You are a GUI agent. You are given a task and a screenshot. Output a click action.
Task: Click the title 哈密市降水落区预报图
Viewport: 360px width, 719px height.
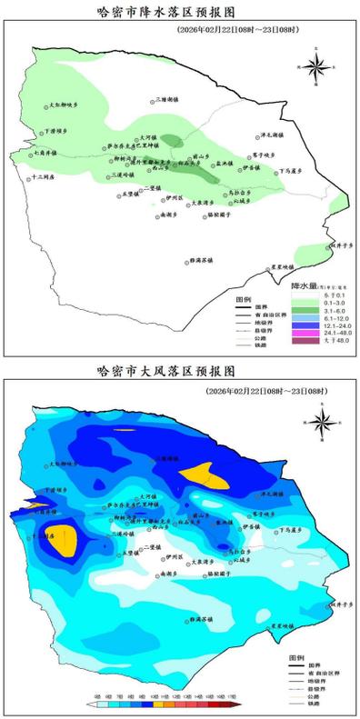166,13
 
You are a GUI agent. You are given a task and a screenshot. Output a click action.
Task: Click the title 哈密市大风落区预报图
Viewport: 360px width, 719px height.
166,373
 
